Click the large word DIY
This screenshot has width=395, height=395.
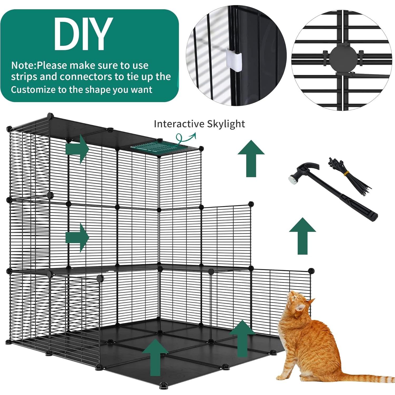click(83, 34)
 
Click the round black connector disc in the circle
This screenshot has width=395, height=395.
click(342, 59)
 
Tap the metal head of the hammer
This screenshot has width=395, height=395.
click(293, 179)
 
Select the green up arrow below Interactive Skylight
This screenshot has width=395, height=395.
click(251, 158)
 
